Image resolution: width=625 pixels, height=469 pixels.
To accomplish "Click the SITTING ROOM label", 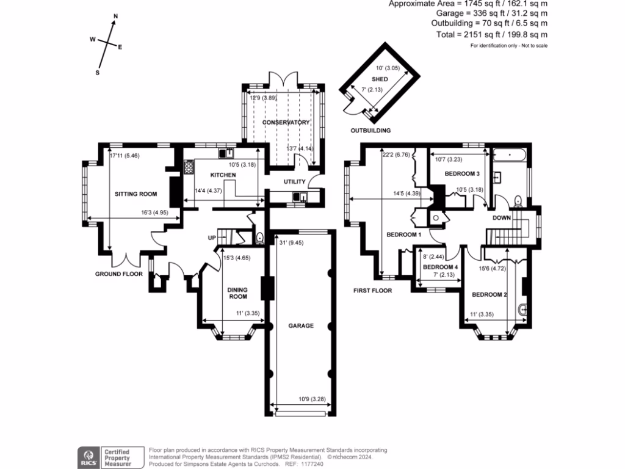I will (135, 194).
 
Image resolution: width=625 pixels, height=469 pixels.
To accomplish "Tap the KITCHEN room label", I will (223, 175).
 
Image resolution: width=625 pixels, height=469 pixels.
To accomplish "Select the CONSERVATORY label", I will (286, 123).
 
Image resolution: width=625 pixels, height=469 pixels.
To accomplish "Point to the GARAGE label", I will (301, 325).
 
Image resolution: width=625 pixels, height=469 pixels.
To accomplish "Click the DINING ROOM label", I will (237, 293).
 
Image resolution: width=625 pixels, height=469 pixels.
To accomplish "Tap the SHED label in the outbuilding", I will (380, 79).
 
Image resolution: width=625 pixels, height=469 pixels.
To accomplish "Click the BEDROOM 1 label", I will (403, 234).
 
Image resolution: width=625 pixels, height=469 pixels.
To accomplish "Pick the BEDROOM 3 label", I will (463, 174).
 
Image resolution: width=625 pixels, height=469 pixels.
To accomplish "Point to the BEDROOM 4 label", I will (440, 267).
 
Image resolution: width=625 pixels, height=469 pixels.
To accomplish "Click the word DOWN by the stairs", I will (502, 217).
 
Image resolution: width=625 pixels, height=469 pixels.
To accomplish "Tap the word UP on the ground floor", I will (213, 238).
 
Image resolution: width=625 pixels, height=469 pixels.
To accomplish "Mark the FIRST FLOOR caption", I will (372, 291).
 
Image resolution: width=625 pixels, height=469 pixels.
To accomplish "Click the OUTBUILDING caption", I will (370, 131).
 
